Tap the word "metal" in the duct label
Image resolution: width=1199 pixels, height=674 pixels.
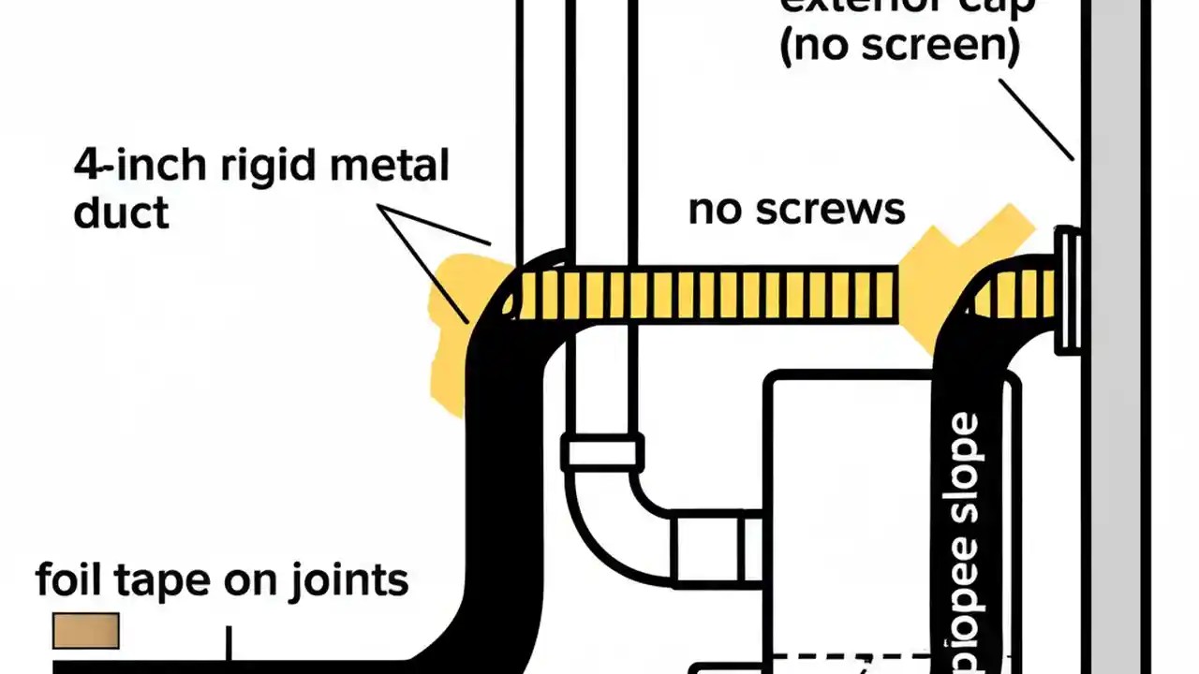pyautogui.click(x=387, y=166)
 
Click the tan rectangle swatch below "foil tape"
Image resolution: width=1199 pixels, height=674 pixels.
pyautogui.click(x=85, y=630)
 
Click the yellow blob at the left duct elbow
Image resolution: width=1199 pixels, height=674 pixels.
pyautogui.click(x=450, y=328)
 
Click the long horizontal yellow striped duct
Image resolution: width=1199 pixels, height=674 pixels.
pyautogui.click(x=703, y=294)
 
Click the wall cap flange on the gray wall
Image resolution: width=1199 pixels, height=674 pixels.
pyautogui.click(x=1068, y=290)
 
